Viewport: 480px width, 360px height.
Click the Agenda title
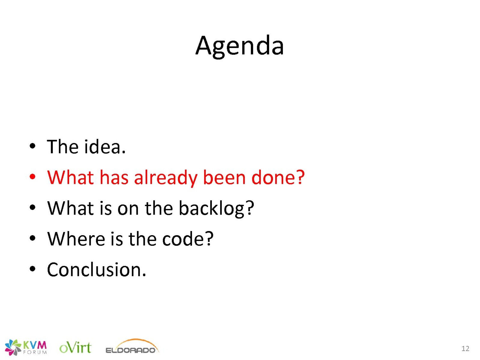click(239, 46)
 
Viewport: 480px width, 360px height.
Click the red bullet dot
click(32, 177)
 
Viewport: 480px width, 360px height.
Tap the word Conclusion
click(96, 269)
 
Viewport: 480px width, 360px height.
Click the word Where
click(76, 239)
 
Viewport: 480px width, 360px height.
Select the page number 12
click(465, 348)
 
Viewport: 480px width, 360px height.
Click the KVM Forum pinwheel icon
click(13, 347)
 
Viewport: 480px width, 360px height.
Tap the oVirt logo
click(75, 347)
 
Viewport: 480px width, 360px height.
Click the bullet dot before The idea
click(32, 146)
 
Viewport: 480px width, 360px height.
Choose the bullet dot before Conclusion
click(32, 269)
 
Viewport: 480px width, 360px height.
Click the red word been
click(224, 177)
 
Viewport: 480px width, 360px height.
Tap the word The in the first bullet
click(62, 146)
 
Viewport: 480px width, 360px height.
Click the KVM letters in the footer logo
click(35, 345)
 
